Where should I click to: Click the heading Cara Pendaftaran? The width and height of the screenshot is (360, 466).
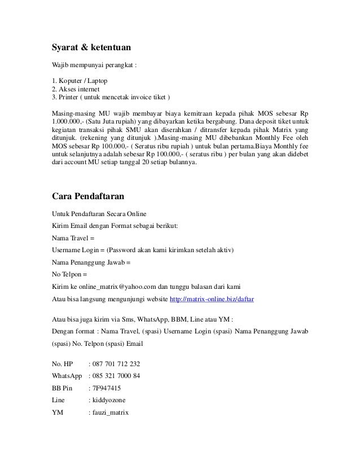pyautogui.click(x=87, y=197)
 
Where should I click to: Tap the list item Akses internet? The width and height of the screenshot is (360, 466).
pyautogui.click(x=76, y=89)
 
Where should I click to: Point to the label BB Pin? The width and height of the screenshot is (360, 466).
pyautogui.click(x=62, y=388)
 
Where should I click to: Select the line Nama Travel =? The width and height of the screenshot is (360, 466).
pyautogui.click(x=73, y=237)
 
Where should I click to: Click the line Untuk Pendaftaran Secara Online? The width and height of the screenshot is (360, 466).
pyautogui.click(x=99, y=213)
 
